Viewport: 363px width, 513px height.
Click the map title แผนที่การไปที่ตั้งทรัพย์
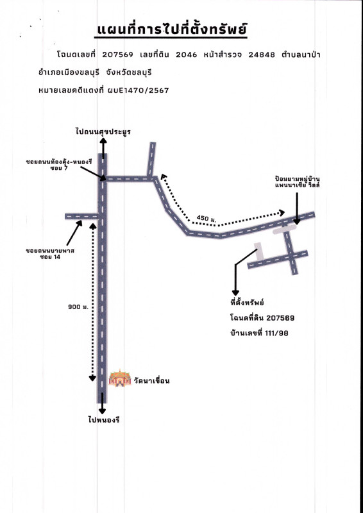coord(172,29)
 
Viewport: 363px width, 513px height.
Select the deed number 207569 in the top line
coord(117,55)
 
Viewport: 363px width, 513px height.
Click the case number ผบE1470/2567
coord(138,90)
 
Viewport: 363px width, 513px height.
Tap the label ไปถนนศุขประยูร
coord(103,132)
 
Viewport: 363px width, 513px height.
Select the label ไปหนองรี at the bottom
coord(103,420)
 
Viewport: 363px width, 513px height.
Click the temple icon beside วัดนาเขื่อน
coord(120,378)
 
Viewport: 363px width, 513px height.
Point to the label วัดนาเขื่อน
coord(152,381)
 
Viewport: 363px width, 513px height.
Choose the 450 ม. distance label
coord(207,218)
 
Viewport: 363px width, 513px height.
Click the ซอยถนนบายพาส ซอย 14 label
coord(50,254)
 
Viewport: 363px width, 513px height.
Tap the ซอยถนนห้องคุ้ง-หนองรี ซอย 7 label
coord(59,165)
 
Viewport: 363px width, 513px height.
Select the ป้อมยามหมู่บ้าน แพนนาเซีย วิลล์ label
coord(297,182)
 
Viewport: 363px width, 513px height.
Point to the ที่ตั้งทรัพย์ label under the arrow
coord(247,303)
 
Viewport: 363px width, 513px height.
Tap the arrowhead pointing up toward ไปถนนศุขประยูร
coord(103,141)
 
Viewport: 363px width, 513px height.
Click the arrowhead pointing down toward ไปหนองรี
coord(103,410)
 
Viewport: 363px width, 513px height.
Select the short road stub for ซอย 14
coord(81,216)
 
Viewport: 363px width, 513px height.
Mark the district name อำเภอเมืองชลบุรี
coord(69,72)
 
